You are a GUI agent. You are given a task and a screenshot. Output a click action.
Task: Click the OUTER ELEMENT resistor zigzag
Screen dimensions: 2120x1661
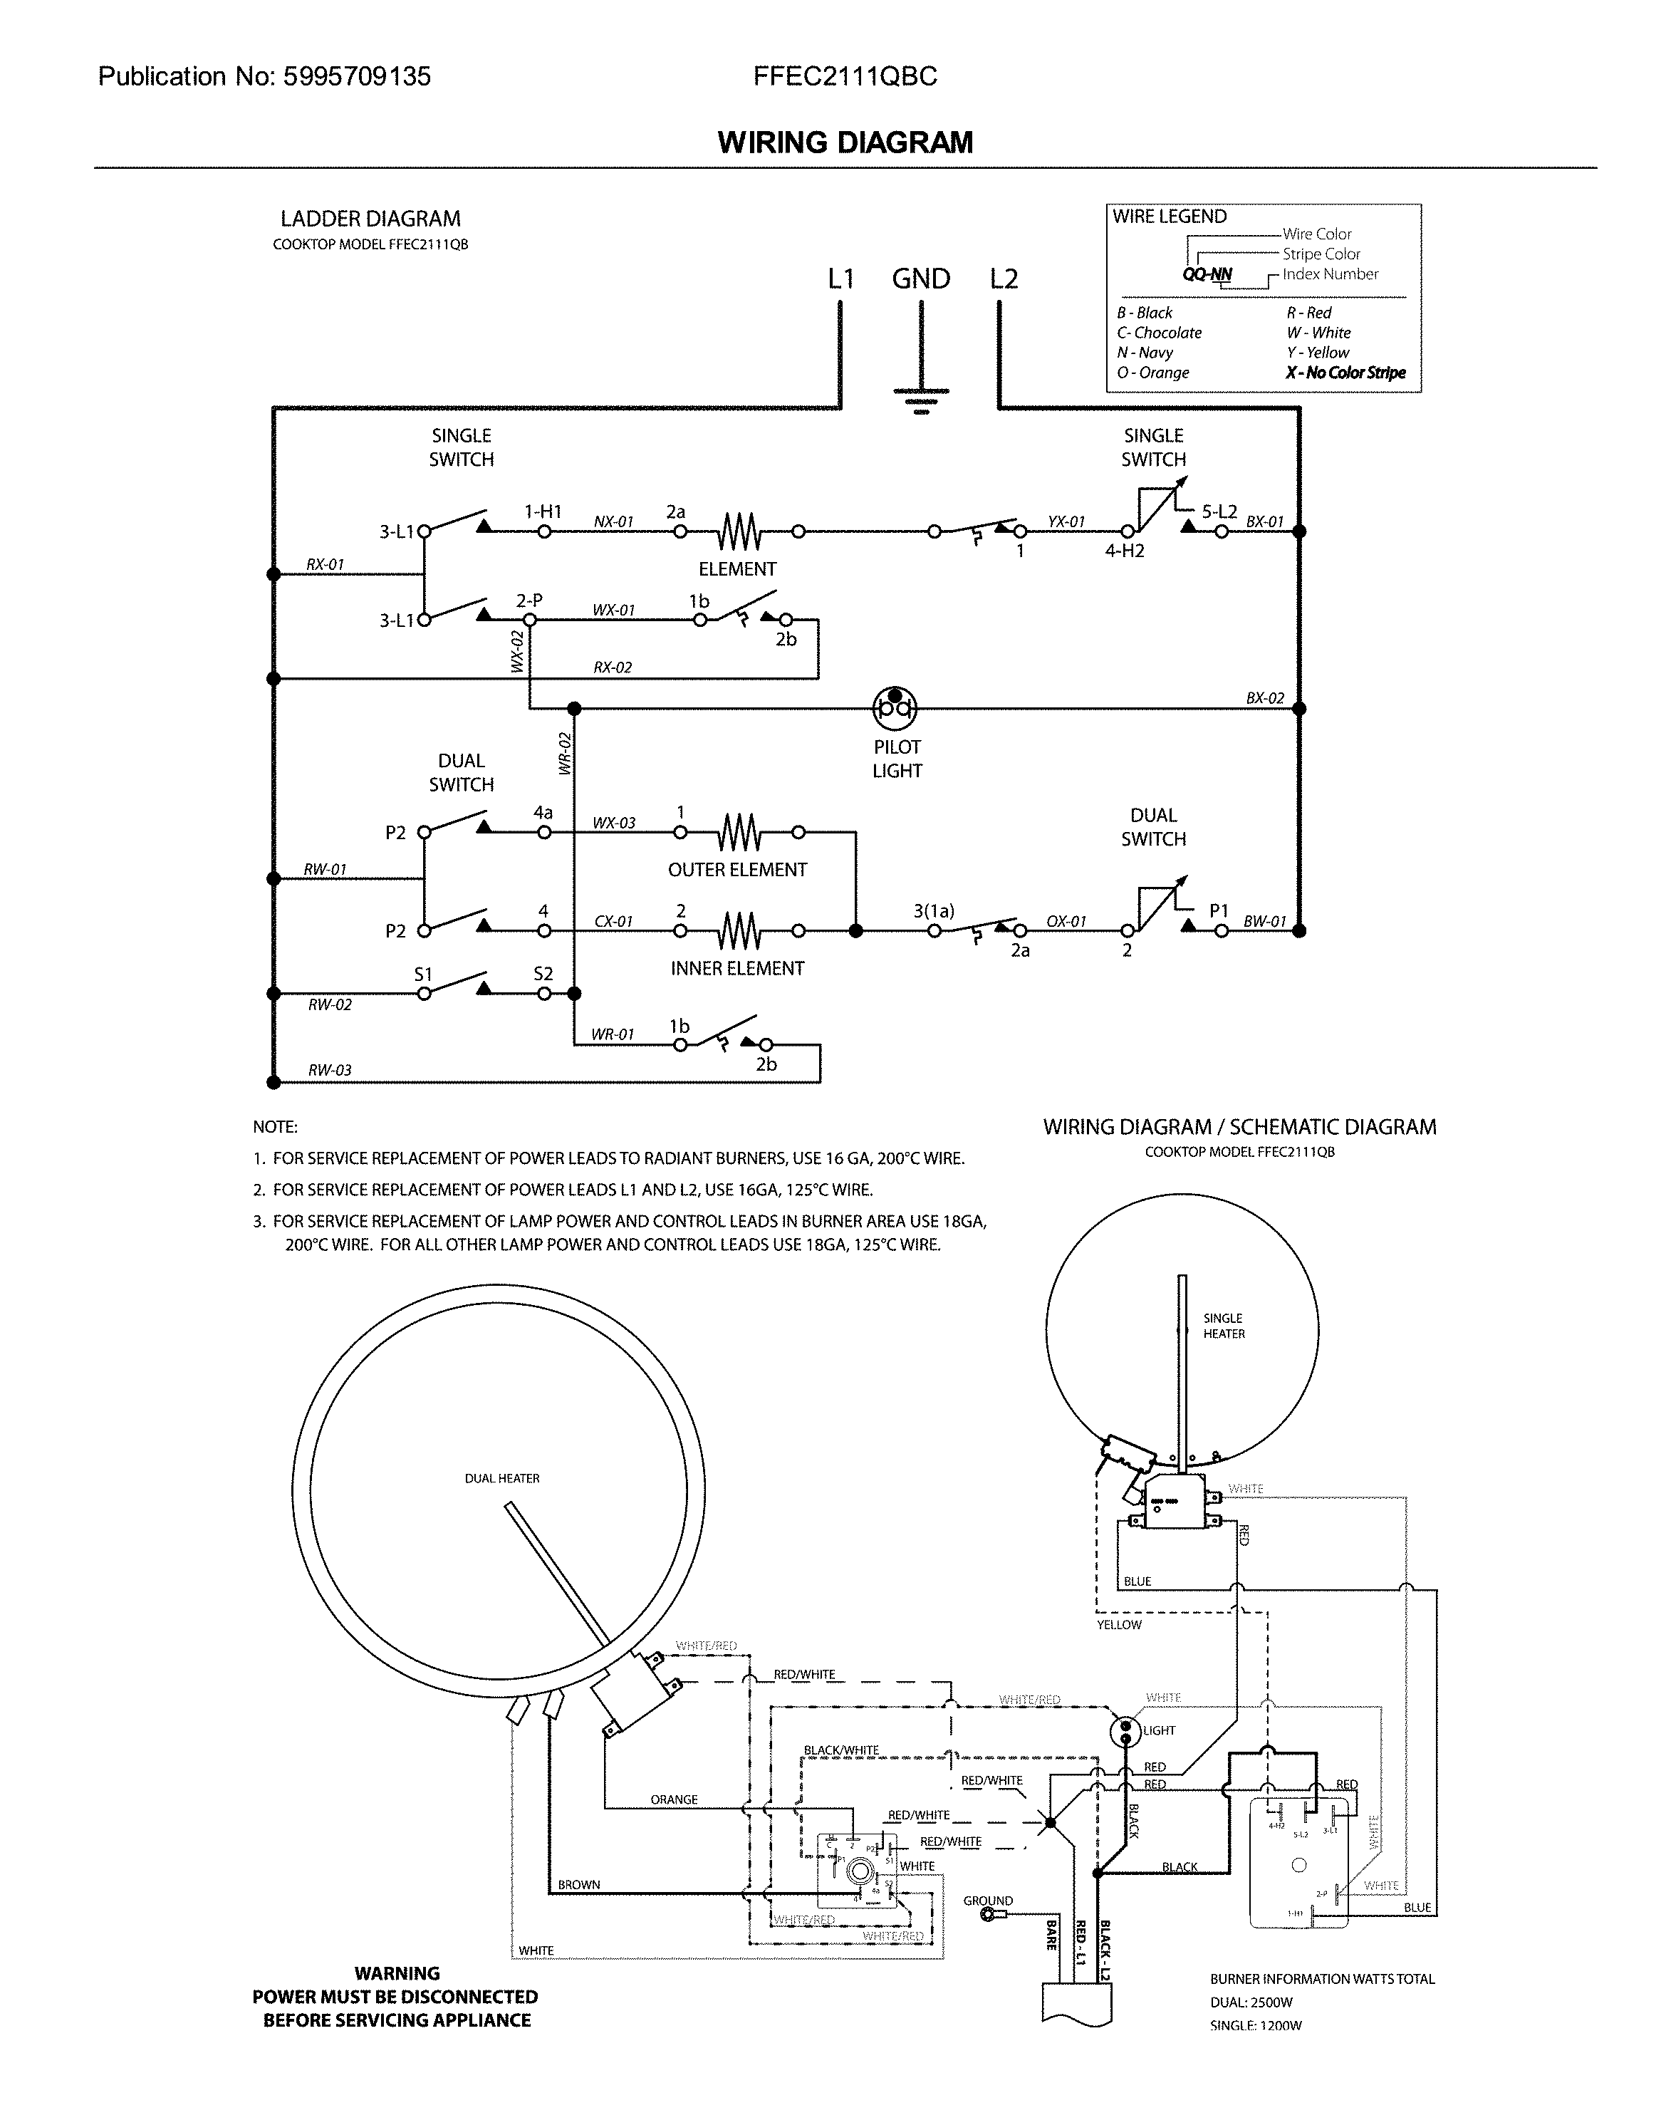tap(739, 833)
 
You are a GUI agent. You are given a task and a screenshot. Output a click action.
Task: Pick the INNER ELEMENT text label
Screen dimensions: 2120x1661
tap(737, 969)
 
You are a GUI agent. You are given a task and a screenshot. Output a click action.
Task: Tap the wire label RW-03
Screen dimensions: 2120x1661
tap(330, 1071)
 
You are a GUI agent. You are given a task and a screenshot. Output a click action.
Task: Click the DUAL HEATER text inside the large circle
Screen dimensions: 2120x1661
tap(502, 1479)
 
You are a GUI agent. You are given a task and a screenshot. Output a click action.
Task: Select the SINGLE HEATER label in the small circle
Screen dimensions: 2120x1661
tap(1224, 1326)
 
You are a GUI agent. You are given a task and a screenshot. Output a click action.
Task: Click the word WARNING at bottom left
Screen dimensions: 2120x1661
tap(397, 1974)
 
